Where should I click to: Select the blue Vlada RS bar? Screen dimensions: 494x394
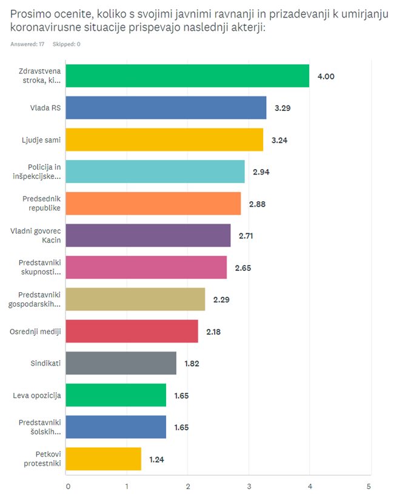click(x=165, y=108)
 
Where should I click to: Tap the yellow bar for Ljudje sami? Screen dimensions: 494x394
click(x=164, y=139)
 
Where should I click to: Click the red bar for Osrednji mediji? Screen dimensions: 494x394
click(x=132, y=331)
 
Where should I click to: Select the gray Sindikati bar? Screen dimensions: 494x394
click(x=121, y=363)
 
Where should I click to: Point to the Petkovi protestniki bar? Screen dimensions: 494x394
click(x=103, y=459)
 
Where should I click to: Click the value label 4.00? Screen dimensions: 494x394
click(x=326, y=76)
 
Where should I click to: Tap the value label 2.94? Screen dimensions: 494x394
click(x=261, y=172)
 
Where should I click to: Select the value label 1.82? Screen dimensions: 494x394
click(x=192, y=364)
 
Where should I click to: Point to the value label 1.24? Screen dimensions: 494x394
click(x=157, y=459)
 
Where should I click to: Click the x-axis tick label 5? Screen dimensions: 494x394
click(x=369, y=486)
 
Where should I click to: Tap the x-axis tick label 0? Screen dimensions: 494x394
click(x=67, y=486)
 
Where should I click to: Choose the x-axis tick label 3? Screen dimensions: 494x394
click(x=249, y=486)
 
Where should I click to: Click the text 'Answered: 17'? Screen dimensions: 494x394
click(x=27, y=44)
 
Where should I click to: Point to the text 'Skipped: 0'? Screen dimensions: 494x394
click(x=66, y=44)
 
